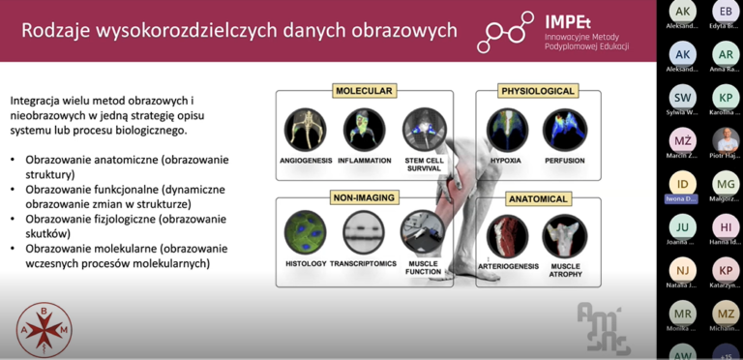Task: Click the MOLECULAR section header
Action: [x=364, y=91]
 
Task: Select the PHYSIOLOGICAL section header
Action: [x=538, y=91]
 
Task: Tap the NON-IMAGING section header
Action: [x=364, y=197]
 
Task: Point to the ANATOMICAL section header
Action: [x=538, y=198]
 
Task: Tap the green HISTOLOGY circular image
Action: [x=305, y=232]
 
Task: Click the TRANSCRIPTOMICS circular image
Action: [x=364, y=232]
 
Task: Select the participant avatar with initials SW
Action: [x=683, y=98]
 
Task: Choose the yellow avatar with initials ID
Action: [x=683, y=183]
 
